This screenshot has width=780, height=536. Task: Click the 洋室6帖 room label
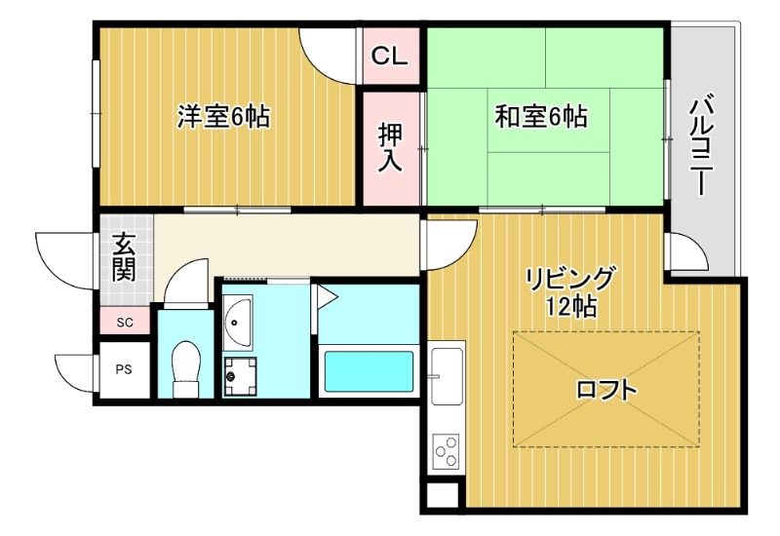[x=223, y=117]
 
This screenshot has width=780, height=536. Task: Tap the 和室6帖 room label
[x=541, y=118]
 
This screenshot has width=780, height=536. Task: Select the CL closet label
[x=389, y=57]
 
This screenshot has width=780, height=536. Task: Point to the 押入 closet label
[x=390, y=147]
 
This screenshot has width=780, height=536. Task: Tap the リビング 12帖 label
[x=572, y=291]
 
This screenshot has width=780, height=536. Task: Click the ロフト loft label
[x=606, y=391]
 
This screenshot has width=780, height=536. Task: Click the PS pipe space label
[x=124, y=369]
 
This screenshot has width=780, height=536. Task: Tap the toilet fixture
[x=185, y=368]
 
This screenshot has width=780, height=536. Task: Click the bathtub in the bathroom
[x=368, y=370]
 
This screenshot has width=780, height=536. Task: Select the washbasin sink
[x=238, y=321]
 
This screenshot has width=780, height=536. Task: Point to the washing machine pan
[x=238, y=374]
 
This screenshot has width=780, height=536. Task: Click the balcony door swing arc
[x=686, y=253]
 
